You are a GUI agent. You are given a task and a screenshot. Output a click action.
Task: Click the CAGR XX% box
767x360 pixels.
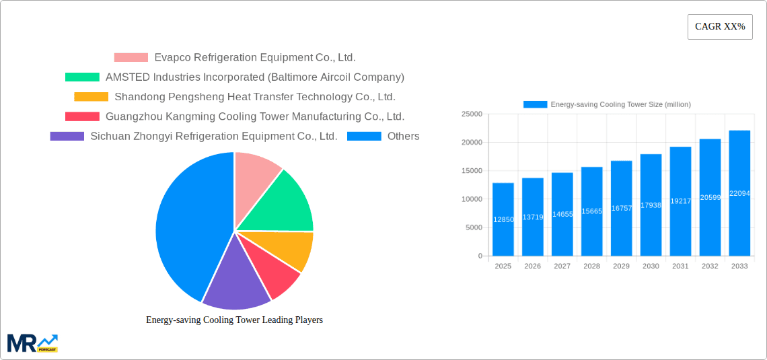click(x=720, y=27)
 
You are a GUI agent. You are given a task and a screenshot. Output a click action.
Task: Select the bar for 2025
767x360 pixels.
click(x=503, y=219)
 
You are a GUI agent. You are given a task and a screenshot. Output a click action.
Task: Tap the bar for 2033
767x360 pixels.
click(x=739, y=193)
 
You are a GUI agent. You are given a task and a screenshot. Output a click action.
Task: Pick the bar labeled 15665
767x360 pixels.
click(x=592, y=211)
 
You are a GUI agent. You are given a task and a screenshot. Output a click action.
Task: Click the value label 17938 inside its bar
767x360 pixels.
click(x=651, y=205)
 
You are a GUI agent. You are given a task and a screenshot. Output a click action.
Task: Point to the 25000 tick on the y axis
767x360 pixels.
click(x=471, y=114)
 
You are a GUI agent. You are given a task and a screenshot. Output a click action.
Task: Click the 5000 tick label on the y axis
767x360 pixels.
click(x=473, y=227)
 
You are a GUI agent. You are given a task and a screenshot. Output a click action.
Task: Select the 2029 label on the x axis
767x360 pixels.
click(x=621, y=266)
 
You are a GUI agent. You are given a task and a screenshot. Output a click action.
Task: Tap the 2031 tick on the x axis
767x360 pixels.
click(x=680, y=266)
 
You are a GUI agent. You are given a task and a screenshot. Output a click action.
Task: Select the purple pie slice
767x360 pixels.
click(x=232, y=279)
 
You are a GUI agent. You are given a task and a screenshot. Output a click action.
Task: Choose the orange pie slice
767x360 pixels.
click(x=293, y=249)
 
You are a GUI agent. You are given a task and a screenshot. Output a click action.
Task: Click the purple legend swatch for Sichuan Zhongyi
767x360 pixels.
click(x=67, y=137)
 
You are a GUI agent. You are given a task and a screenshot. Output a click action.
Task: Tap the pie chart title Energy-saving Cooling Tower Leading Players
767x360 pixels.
click(x=234, y=320)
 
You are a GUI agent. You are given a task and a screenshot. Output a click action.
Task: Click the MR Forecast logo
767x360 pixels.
click(x=32, y=343)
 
